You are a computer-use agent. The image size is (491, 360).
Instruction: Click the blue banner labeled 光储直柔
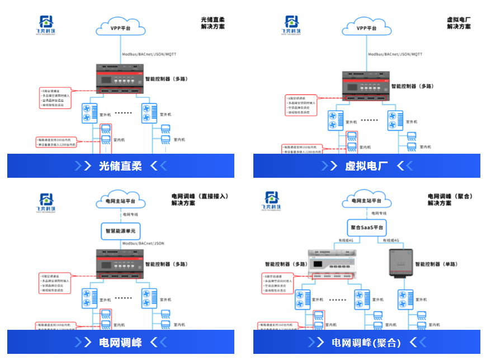click(120, 165)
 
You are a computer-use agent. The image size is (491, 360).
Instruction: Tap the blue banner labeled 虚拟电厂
click(366, 165)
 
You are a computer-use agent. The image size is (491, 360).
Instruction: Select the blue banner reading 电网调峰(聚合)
click(366, 342)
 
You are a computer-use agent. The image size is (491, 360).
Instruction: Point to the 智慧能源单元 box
click(121, 230)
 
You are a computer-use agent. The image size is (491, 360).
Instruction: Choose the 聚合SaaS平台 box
click(367, 228)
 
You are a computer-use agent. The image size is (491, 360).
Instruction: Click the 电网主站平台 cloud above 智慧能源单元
click(120, 200)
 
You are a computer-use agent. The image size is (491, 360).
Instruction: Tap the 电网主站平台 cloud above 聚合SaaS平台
click(367, 200)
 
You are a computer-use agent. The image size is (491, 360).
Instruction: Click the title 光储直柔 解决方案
click(213, 23)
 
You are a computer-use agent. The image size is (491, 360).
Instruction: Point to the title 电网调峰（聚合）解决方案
click(450, 200)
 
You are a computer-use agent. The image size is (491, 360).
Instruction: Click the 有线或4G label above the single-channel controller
click(391, 240)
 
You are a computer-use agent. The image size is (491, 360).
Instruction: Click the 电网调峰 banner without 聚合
click(120, 342)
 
